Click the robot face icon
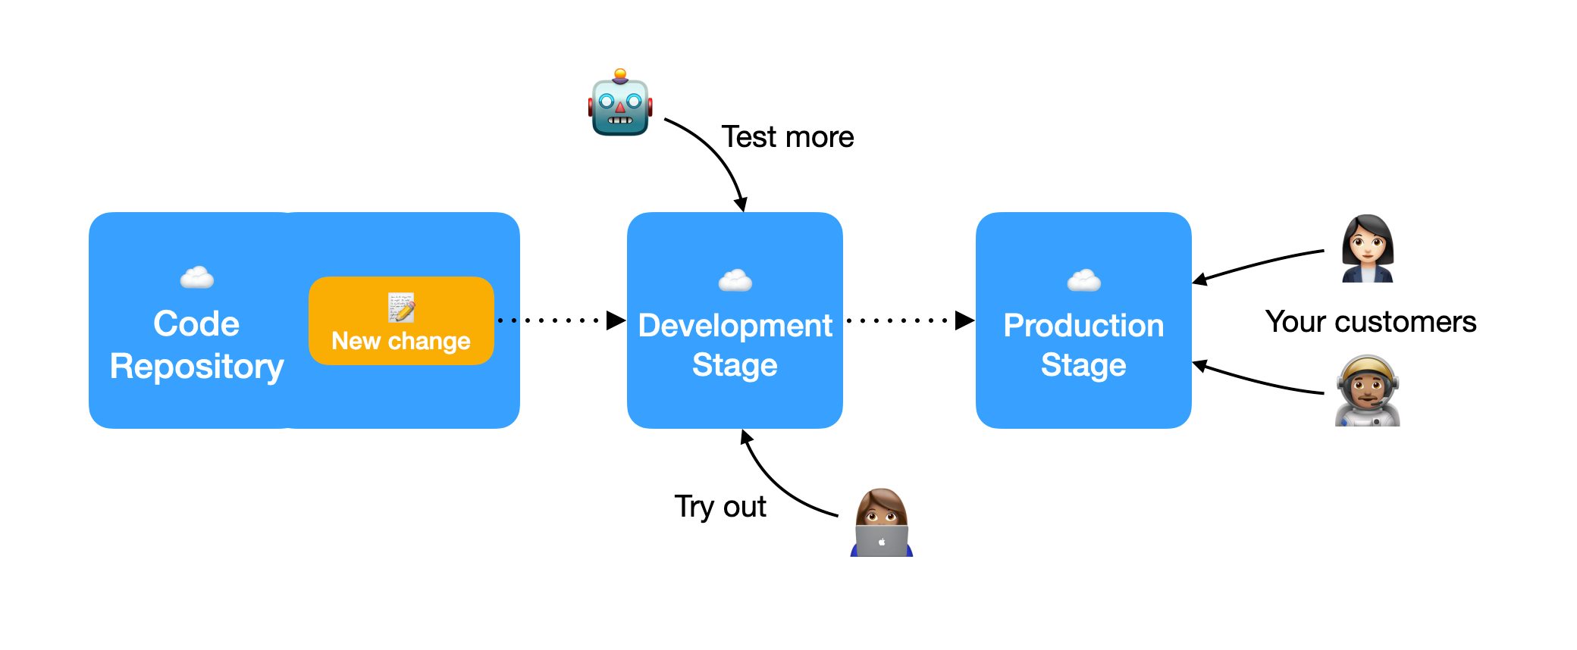(x=620, y=104)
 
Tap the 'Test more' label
(x=787, y=137)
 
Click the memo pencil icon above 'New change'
(x=401, y=307)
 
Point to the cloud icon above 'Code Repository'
(x=196, y=278)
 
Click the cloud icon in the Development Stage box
(x=735, y=281)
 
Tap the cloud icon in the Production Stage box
(x=1083, y=281)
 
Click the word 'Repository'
(x=196, y=367)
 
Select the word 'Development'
(x=735, y=326)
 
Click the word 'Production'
(x=1083, y=326)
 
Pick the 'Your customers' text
(x=1370, y=322)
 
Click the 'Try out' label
(x=720, y=507)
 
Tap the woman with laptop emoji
(x=881, y=523)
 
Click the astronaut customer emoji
(x=1367, y=391)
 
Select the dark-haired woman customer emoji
(x=1367, y=248)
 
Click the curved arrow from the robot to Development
(x=716, y=155)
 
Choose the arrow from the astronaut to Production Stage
(x=1259, y=382)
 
